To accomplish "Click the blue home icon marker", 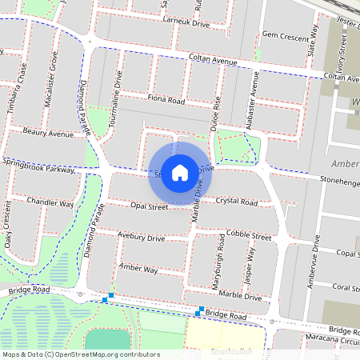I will coord(180,173).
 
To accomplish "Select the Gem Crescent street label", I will coord(285,36).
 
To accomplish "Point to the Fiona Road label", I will coord(166,101).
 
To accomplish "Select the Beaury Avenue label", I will coord(48,133).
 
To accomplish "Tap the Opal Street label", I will coord(149,206).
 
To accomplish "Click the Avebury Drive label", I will coord(141,238).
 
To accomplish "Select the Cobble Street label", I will coord(249,235).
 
